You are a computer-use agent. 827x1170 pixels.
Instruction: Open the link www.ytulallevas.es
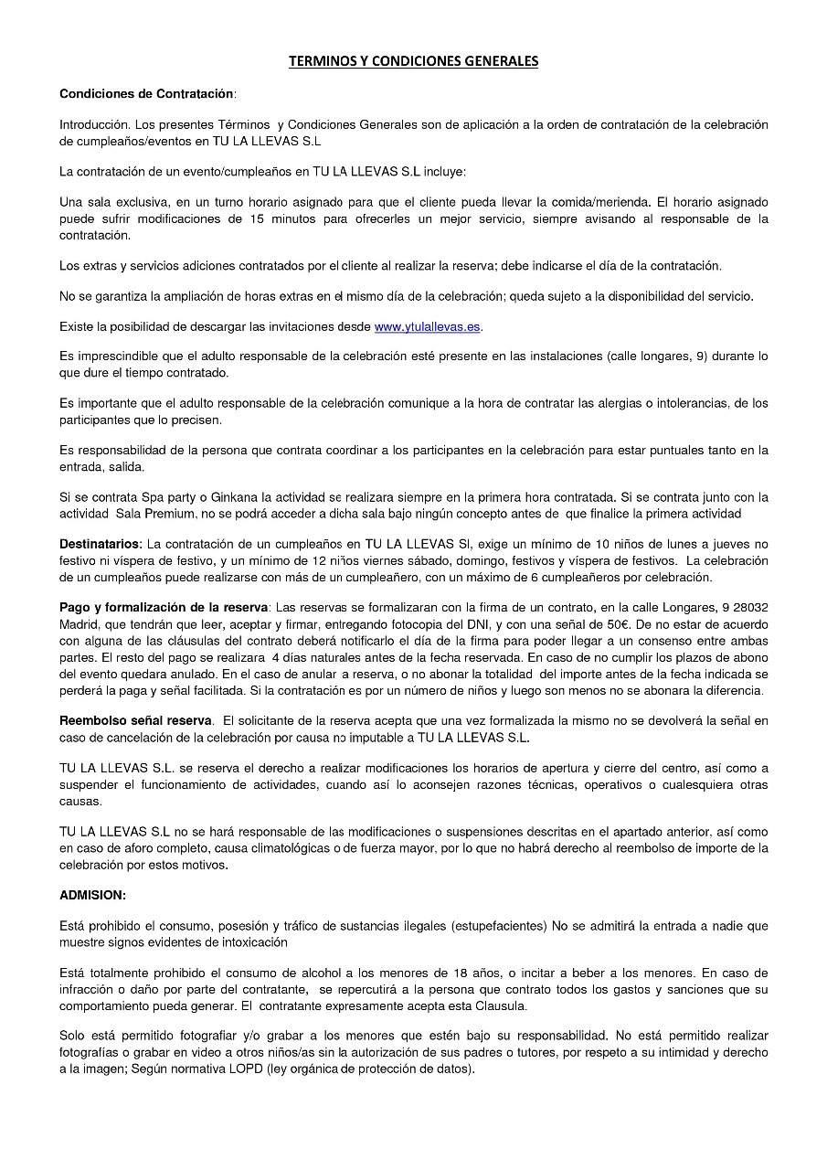coord(427,326)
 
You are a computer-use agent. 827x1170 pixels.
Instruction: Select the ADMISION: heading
coord(92,895)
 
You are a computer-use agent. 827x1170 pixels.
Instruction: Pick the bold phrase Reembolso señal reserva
coord(135,720)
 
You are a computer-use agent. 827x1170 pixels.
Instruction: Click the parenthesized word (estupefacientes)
coord(498,926)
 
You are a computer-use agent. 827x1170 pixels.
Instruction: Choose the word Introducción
coord(95,124)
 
